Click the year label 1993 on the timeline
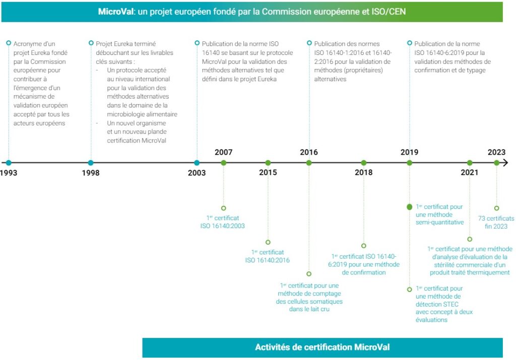click(x=8, y=173)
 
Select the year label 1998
click(x=91, y=173)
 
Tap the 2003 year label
click(x=197, y=173)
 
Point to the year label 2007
click(x=223, y=152)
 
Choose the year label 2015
click(x=268, y=173)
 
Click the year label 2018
click(x=363, y=173)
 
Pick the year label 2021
click(x=470, y=173)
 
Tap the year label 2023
click(x=496, y=152)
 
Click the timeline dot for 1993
click(x=8, y=163)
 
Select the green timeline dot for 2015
click(x=268, y=163)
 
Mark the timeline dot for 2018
click(x=363, y=163)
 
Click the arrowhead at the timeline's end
click(x=505, y=163)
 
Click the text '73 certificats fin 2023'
click(x=496, y=222)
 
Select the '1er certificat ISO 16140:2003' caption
click(x=223, y=222)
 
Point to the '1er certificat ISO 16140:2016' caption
click(x=268, y=256)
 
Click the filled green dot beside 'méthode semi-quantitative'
click(x=409, y=207)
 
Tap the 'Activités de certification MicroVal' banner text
click(x=322, y=347)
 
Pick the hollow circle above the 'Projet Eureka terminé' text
click(x=91, y=43)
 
